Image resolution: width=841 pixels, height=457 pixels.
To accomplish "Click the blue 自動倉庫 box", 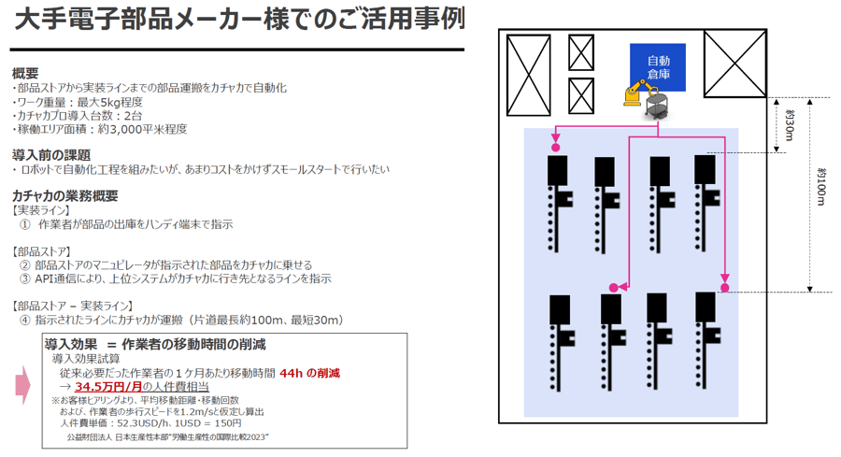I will tap(658, 67).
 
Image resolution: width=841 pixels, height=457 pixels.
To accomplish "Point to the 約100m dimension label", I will tap(820, 191).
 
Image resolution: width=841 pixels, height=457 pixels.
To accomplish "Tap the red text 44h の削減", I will tap(308, 372).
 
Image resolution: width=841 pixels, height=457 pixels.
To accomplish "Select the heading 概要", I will tap(25, 73).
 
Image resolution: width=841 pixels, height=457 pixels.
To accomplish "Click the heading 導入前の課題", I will tap(51, 154).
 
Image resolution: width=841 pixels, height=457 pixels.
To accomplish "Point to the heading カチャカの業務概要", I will tap(64, 195).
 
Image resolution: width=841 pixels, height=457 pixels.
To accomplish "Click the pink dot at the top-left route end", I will tap(555, 147).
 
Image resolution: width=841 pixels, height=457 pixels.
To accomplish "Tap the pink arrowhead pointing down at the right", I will tap(722, 279).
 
